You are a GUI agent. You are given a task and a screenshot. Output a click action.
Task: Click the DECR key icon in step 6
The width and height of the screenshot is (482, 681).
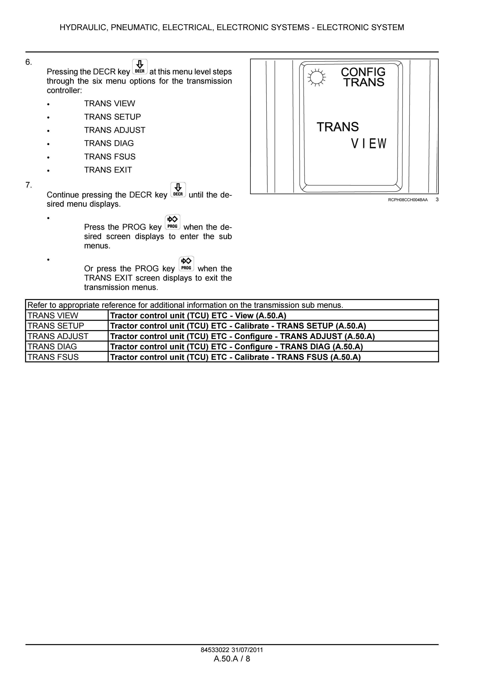click(x=140, y=67)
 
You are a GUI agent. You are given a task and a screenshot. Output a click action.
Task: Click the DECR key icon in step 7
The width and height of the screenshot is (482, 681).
click(x=178, y=190)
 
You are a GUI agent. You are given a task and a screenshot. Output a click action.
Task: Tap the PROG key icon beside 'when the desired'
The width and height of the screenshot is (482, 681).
click(x=172, y=222)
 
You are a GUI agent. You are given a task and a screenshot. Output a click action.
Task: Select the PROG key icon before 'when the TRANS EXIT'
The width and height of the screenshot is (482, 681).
click(x=186, y=264)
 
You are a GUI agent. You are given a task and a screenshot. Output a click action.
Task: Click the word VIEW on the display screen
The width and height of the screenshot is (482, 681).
click(x=369, y=144)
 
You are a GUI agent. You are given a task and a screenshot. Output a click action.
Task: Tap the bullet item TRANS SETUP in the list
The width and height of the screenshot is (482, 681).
click(x=112, y=117)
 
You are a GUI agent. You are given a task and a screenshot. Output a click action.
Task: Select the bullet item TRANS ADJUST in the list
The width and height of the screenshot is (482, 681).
click(x=115, y=130)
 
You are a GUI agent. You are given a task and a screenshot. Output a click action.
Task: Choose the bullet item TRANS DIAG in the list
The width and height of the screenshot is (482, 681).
click(x=109, y=143)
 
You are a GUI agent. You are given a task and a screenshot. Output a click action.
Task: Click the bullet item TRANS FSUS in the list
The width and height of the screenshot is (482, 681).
click(x=110, y=157)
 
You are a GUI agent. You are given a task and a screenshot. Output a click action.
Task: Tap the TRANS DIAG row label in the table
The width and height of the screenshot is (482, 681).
click(x=52, y=347)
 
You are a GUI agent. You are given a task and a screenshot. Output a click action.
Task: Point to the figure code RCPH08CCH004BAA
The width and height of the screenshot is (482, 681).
click(x=408, y=200)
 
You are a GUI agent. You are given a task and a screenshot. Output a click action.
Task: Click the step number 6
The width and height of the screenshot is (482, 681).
click(x=28, y=62)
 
